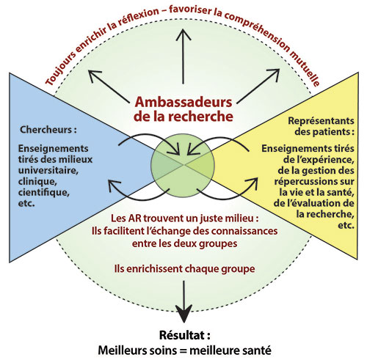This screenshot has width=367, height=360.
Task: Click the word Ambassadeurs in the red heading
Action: tap(183, 102)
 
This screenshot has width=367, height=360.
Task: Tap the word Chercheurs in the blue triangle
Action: tap(46, 130)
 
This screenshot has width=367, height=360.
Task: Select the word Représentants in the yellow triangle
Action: tap(321, 121)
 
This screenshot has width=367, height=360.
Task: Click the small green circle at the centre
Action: tap(183, 166)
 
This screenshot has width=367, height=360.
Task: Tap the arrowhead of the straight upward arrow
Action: tap(183, 34)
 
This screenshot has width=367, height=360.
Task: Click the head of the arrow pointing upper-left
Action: tap(95, 76)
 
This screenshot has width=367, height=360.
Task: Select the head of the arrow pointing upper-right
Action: tap(274, 74)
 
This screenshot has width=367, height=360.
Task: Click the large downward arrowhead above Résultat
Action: tap(183, 313)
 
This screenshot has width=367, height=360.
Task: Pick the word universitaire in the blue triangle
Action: tap(48, 170)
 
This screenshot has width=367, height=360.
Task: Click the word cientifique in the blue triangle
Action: tap(44, 192)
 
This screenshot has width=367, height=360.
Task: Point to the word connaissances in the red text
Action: tap(244, 231)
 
